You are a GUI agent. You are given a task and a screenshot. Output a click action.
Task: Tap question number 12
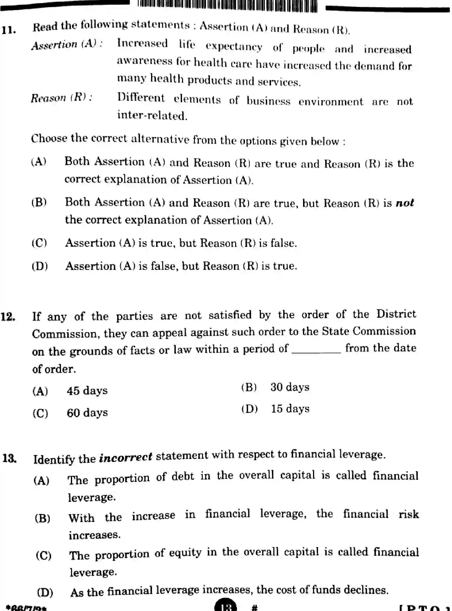(x=8, y=317)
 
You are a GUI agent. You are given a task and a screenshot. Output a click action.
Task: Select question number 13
(x=9, y=459)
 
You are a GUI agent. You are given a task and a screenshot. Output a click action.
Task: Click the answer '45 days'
(x=87, y=391)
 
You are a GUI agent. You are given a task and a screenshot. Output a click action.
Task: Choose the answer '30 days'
(x=290, y=387)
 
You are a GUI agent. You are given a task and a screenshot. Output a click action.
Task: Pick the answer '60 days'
(x=87, y=413)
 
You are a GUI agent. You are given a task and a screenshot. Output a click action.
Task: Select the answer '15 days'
(x=290, y=409)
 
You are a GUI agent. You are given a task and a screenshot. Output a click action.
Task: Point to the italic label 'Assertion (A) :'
(x=67, y=45)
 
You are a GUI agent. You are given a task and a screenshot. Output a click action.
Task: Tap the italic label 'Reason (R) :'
(x=61, y=98)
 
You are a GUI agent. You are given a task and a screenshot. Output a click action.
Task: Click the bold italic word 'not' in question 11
(x=405, y=203)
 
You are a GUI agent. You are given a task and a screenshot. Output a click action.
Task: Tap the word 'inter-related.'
(x=152, y=116)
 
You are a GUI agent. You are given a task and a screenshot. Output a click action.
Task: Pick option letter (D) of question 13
(x=45, y=592)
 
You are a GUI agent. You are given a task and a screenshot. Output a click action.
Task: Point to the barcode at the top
(x=227, y=6)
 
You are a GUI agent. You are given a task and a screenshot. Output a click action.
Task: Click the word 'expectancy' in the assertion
(x=234, y=47)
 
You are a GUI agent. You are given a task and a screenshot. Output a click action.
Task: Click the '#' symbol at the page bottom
(x=254, y=608)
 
